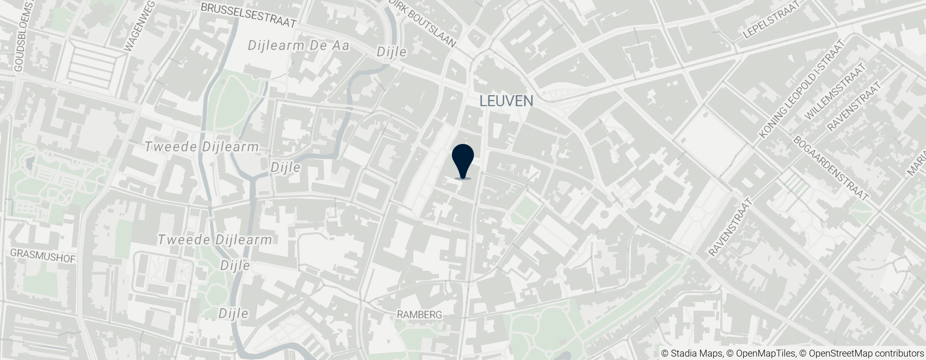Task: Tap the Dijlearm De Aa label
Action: coord(299,45)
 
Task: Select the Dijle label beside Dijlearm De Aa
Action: coord(391,52)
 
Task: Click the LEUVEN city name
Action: coord(506,101)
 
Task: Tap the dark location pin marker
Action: coord(463,161)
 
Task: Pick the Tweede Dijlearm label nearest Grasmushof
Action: coord(215,240)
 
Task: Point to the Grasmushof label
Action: coord(42,256)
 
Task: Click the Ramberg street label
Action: coord(419,315)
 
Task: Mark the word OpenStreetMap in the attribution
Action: coord(841,354)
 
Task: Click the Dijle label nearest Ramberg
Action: coord(234,314)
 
